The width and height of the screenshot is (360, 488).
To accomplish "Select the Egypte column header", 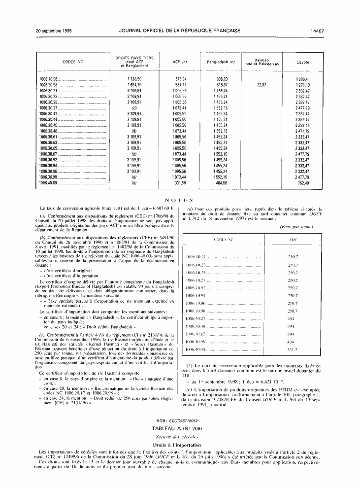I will (303, 62).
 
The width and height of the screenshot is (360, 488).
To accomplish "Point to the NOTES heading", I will (179, 200).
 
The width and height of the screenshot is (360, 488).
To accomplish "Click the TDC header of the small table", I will (293, 240).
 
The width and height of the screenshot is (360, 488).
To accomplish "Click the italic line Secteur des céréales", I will (179, 437).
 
